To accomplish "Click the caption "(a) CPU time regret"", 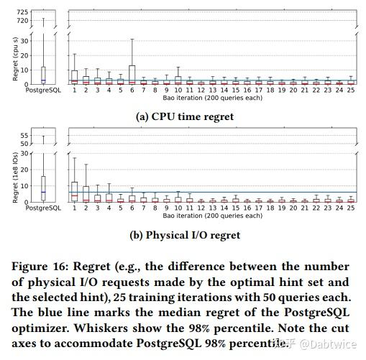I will coord(185,116).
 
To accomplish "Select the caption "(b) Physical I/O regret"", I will coord(185,234).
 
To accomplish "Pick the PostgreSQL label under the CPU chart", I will coord(44,91).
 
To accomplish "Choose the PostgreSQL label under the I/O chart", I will coord(44,209).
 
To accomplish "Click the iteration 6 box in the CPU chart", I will coord(132,75).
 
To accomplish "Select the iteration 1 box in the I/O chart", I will coord(74,191).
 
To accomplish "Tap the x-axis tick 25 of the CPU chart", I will coord(349,91).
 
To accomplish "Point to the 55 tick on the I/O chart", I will coord(24,135).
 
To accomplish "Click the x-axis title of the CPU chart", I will coord(212,98).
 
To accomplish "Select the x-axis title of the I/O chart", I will coord(212,216).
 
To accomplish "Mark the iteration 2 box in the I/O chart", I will coord(86,193).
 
